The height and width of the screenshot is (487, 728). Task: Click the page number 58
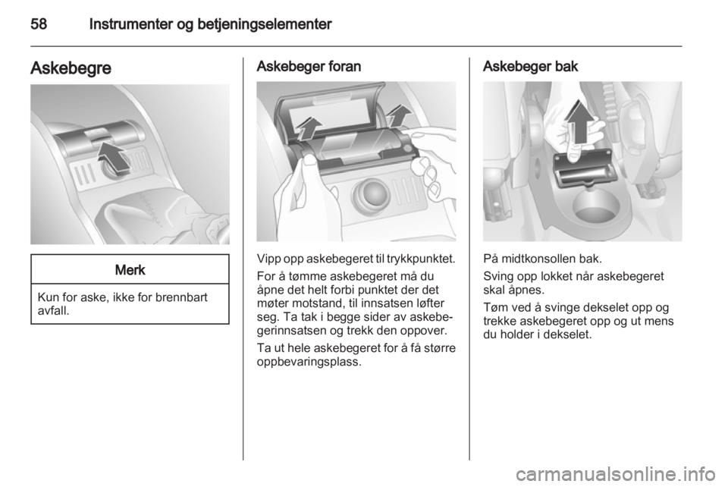coord(39,24)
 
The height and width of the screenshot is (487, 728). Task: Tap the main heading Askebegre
coord(71,68)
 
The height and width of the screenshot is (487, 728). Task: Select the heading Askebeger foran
coord(309,67)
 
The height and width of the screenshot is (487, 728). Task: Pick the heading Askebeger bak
coord(530,67)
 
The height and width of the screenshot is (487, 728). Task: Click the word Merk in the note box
coord(130,270)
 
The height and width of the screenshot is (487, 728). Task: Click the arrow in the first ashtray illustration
coord(115,157)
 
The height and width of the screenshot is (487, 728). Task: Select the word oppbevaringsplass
coord(309,361)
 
